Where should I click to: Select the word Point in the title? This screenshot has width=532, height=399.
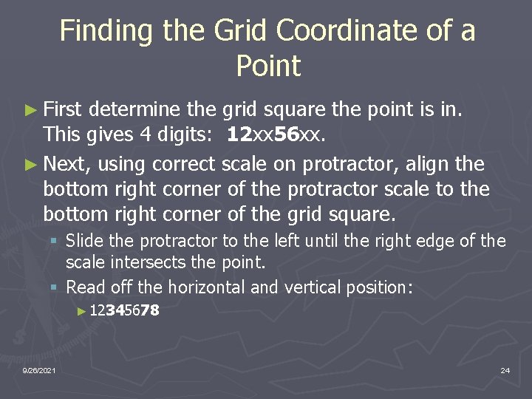(268, 66)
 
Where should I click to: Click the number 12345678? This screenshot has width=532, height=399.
(123, 311)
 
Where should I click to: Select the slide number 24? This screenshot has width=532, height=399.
(505, 369)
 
